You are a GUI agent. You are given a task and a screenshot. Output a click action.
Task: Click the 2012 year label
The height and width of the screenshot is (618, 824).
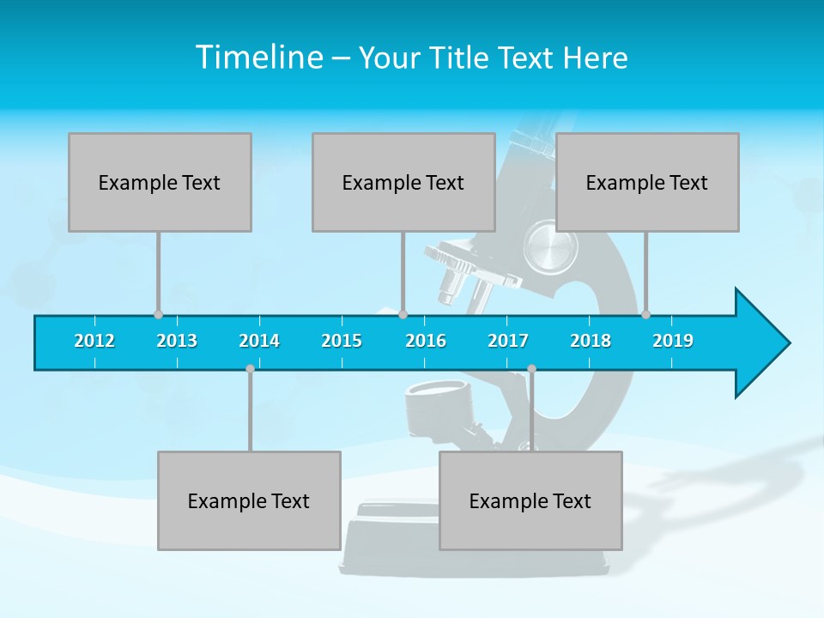click(x=94, y=341)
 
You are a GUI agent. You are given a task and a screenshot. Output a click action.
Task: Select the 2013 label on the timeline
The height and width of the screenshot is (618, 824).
click(x=177, y=341)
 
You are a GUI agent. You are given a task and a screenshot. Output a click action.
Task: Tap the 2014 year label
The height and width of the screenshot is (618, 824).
click(x=259, y=341)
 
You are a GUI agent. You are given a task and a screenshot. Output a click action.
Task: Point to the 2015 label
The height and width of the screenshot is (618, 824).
click(x=342, y=341)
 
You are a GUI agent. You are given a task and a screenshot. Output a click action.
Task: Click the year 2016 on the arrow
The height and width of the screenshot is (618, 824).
click(x=426, y=341)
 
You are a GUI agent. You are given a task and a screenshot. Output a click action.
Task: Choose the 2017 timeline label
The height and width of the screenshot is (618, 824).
click(x=508, y=341)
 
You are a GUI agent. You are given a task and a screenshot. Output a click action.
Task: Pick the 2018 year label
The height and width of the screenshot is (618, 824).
click(x=591, y=341)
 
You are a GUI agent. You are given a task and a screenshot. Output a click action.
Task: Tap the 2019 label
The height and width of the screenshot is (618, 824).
click(x=673, y=341)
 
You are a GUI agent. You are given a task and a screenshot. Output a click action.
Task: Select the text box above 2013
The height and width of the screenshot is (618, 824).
click(x=160, y=182)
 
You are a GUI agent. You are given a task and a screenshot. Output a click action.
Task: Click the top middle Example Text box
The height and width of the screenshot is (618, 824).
click(x=403, y=182)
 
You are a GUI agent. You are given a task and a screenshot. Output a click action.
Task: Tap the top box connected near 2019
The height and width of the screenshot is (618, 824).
click(x=647, y=182)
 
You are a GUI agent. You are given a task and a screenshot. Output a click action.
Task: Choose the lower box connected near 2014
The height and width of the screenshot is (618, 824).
click(x=249, y=500)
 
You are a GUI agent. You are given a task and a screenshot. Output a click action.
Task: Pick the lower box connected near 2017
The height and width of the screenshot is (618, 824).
click(x=530, y=500)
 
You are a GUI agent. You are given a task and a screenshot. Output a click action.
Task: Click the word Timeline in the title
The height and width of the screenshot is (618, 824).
click(x=259, y=58)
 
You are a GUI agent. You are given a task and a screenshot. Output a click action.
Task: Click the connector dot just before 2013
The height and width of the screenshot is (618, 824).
click(x=158, y=314)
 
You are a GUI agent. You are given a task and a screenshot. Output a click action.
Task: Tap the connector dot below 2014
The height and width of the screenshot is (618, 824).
click(x=250, y=368)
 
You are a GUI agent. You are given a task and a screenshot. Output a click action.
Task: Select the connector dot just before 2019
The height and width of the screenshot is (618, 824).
click(x=645, y=314)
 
